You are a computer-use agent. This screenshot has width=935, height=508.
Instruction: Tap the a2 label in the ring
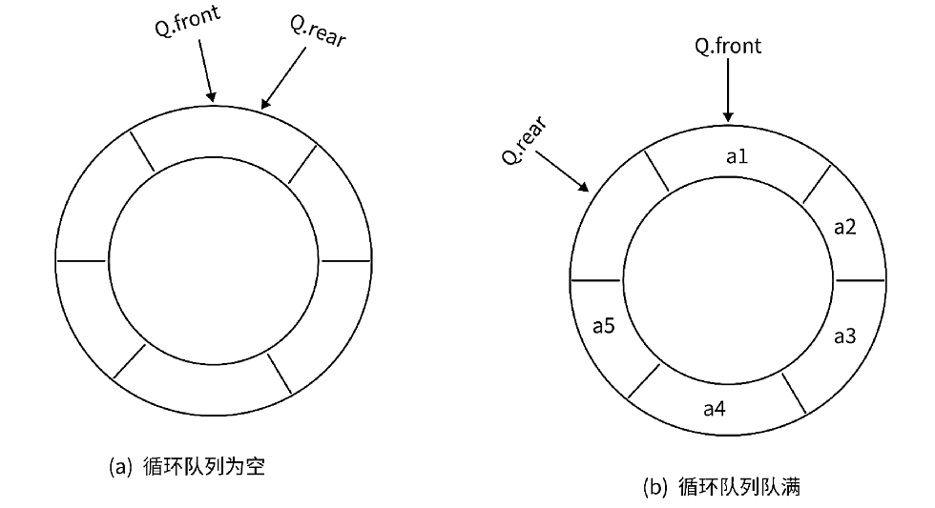click(x=844, y=227)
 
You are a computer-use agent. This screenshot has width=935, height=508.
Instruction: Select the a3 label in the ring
click(x=844, y=335)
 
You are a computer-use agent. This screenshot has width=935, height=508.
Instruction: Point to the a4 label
click(x=714, y=409)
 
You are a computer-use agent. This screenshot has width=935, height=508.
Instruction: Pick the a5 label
click(x=603, y=326)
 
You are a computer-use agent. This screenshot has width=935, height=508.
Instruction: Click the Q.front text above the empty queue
click(x=189, y=22)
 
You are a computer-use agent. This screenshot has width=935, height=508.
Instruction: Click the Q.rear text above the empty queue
click(x=318, y=37)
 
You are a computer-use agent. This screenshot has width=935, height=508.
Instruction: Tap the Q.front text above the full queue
click(x=729, y=46)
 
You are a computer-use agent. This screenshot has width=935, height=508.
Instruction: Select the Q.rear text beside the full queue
click(x=524, y=141)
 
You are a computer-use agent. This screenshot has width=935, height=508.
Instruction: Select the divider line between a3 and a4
click(x=794, y=393)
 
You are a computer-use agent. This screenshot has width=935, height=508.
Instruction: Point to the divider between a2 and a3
click(x=860, y=281)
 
